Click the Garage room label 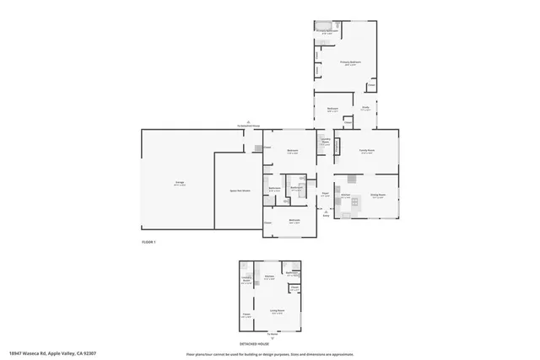(179, 183)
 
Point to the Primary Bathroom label (328, 31)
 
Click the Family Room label (367, 150)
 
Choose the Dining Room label (378, 196)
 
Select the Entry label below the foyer (326, 216)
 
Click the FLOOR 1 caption (148, 242)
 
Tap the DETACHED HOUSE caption (271, 343)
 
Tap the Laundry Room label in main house (324, 142)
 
